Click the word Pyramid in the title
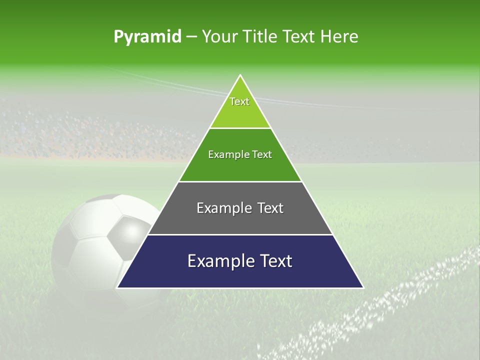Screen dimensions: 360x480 (x=147, y=37)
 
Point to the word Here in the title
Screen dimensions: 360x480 (x=339, y=37)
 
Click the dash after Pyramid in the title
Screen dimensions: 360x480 (x=191, y=37)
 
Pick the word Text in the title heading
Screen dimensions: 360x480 (x=300, y=37)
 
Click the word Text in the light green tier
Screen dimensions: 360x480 (x=239, y=101)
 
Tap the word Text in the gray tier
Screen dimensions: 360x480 (x=270, y=208)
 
